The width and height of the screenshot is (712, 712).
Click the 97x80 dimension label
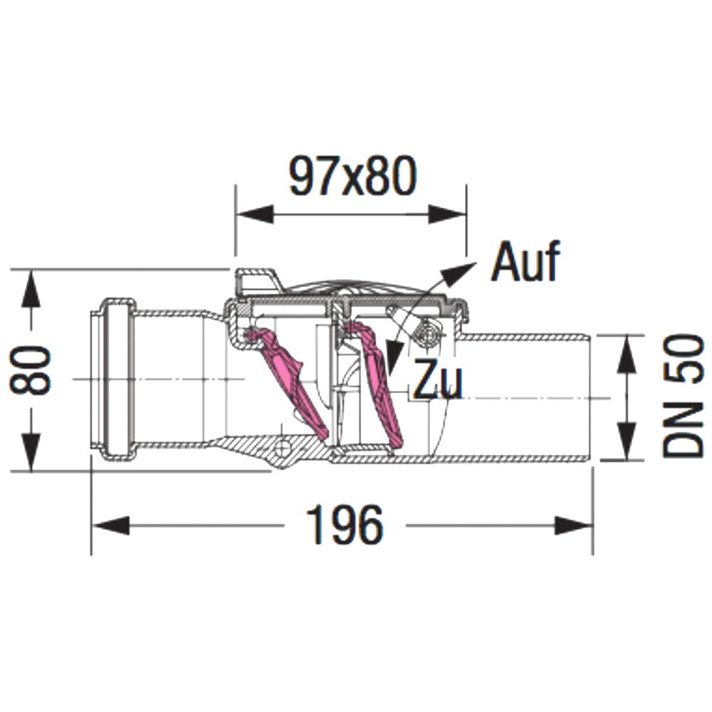pos(352,176)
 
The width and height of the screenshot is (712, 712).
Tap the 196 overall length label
pos(345,525)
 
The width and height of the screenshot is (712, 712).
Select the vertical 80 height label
pos(31,370)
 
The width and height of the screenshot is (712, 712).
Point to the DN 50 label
pos(683,395)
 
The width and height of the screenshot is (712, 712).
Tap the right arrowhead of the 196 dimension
pos(574,526)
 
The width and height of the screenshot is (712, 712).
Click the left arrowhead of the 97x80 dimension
pos(255,214)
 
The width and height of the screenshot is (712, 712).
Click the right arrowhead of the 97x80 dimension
pos(447,214)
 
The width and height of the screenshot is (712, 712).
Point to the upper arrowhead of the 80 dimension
pos(31,288)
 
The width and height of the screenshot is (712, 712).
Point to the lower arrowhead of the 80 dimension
pos(31,452)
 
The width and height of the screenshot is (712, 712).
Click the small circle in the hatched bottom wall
pos(282,448)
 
